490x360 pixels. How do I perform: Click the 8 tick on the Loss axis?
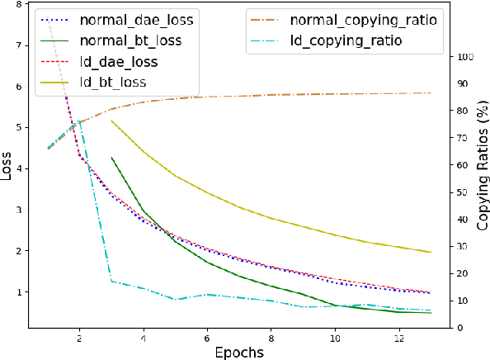pos(19,5)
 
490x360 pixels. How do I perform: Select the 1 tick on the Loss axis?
pos(19,292)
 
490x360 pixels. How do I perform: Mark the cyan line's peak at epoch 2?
pos(79,121)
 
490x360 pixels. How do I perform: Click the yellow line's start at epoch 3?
pos(111,121)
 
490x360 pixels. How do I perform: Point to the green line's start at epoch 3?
pos(111,157)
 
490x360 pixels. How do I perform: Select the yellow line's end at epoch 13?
pos(431,252)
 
